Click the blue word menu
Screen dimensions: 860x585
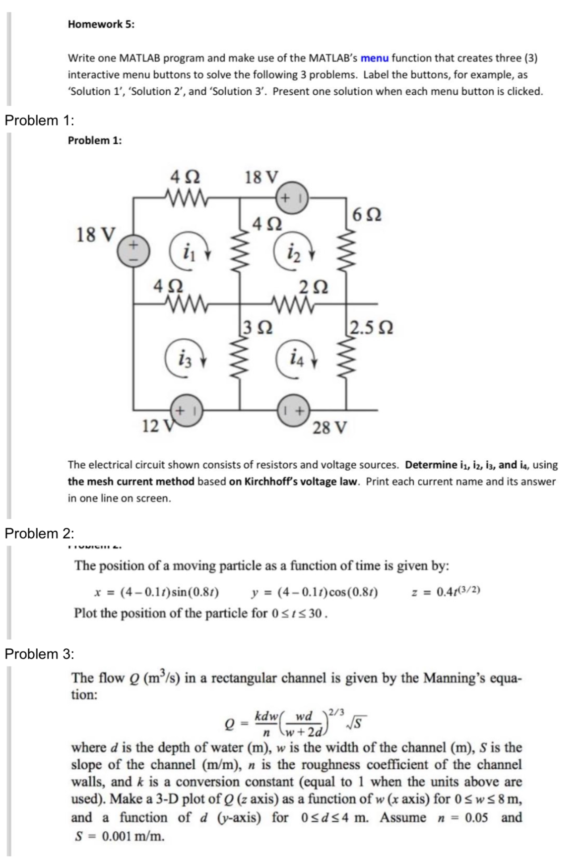coord(375,58)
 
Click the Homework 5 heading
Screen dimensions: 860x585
coord(101,24)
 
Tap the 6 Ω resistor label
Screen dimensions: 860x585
coord(367,215)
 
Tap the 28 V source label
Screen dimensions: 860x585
coord(330,427)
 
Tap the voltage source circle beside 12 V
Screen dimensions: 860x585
coord(187,411)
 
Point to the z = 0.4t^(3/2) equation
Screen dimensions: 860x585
coord(446,592)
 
